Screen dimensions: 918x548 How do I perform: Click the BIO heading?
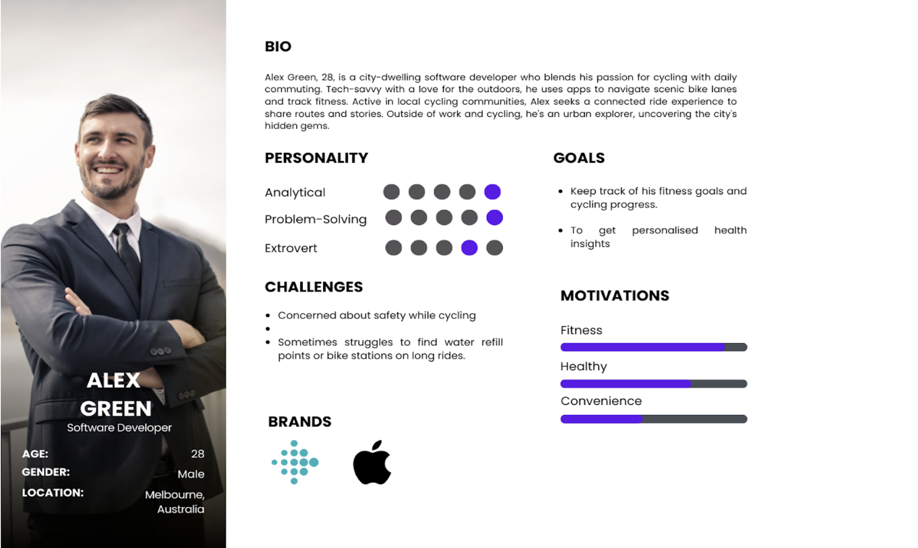click(278, 47)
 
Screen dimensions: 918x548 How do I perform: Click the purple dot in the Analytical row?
click(492, 192)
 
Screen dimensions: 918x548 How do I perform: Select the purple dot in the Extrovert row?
click(469, 247)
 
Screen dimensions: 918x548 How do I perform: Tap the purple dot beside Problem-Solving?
click(494, 217)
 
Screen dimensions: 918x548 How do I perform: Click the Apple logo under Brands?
click(372, 462)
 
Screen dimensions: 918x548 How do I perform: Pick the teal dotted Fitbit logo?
click(295, 462)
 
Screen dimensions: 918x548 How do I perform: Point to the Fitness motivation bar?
click(654, 347)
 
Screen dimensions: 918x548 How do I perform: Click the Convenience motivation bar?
click(654, 419)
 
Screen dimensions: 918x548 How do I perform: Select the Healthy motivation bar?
click(654, 384)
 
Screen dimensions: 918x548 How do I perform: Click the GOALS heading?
click(579, 158)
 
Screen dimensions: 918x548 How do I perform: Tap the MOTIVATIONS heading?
click(615, 296)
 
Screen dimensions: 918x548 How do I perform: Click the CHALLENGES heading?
click(314, 287)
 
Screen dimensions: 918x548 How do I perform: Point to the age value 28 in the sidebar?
click(198, 454)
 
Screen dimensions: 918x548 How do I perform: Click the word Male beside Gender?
click(191, 474)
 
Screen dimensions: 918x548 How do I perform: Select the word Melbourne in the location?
click(175, 495)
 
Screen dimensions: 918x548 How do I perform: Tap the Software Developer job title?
click(119, 428)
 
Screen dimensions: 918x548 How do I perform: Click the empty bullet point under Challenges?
click(268, 329)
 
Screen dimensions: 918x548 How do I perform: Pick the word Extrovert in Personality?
click(291, 248)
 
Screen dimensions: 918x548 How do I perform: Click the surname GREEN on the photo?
click(116, 409)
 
